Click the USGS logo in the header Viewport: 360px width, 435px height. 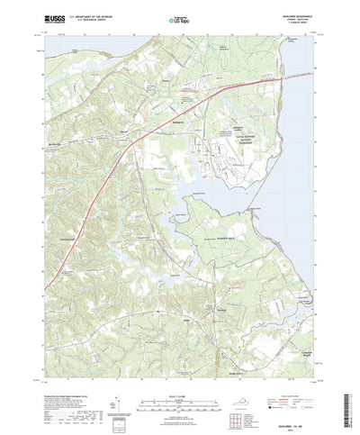(x=46, y=17)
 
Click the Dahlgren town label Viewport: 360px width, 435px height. (x=178, y=119)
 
